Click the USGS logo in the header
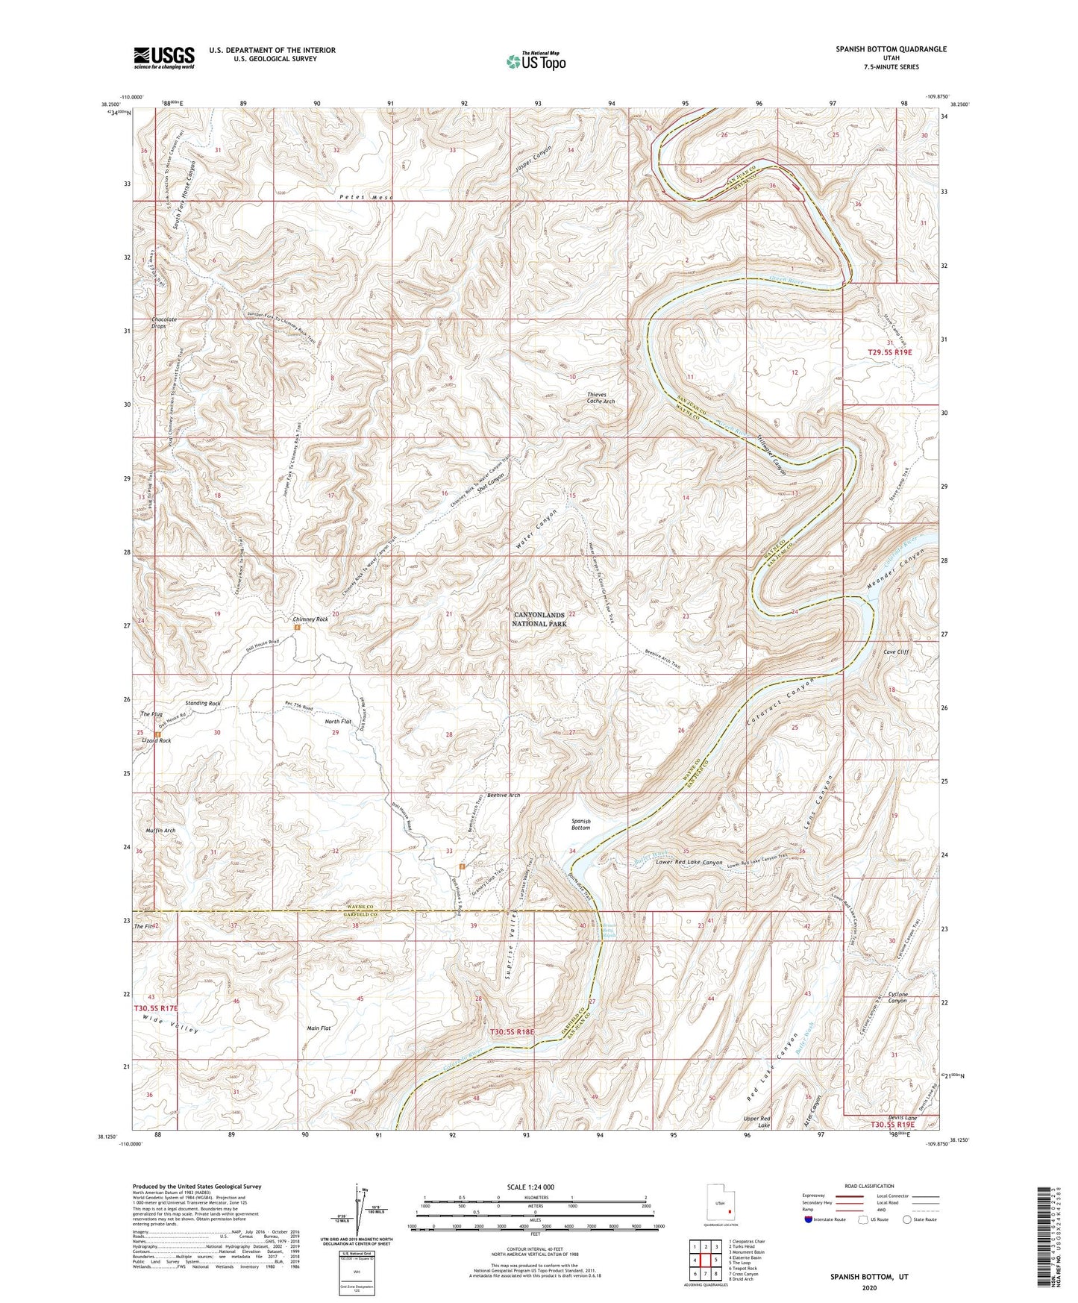(x=164, y=57)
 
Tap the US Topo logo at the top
(x=535, y=60)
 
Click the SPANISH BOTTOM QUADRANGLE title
(x=891, y=49)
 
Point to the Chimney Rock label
(x=310, y=619)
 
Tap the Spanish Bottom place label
(x=580, y=824)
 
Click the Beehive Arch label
(x=503, y=796)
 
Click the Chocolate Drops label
(x=163, y=323)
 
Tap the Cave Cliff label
(x=896, y=651)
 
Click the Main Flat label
(x=319, y=1028)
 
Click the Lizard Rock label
(x=155, y=741)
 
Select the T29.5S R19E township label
(x=890, y=351)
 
